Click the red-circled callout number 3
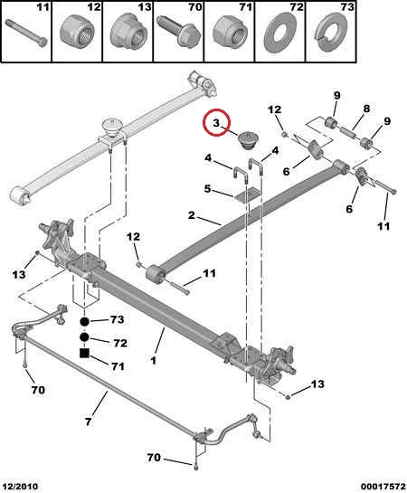[x=216, y=123]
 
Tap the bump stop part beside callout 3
[x=248, y=140]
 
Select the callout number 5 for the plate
[x=207, y=189]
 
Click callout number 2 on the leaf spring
[x=192, y=215]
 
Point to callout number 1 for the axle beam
[x=154, y=360]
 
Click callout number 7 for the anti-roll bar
[x=89, y=422]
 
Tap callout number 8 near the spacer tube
[x=366, y=109]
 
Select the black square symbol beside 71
[x=84, y=354]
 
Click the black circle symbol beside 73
[x=84, y=321]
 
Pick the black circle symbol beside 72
[x=84, y=337]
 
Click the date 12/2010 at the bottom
[x=22, y=487]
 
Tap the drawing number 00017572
[x=383, y=487]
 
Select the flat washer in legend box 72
[x=280, y=33]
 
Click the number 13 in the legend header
[x=145, y=7]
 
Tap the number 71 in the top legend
[x=246, y=7]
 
